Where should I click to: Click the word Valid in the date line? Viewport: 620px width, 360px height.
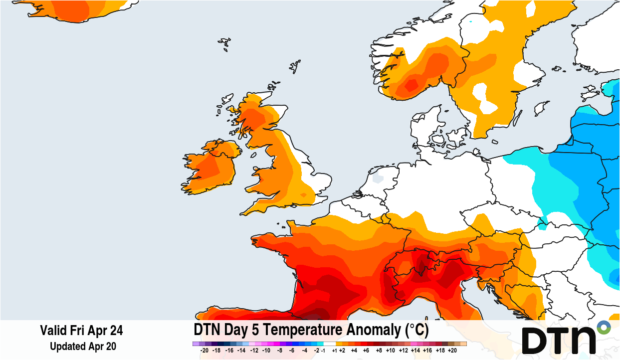click(52, 331)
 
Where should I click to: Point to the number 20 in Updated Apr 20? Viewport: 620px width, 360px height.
click(110, 346)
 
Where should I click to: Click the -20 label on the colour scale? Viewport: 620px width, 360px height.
click(204, 351)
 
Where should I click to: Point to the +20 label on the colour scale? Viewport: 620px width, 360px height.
click(452, 351)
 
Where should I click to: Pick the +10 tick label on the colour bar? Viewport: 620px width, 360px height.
click(391, 351)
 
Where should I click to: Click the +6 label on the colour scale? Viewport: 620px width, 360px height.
click(366, 351)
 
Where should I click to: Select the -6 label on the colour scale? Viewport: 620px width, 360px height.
click(292, 351)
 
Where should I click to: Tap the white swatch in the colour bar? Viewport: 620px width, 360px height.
click(330, 344)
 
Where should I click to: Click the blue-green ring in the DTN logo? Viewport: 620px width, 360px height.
click(604, 328)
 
